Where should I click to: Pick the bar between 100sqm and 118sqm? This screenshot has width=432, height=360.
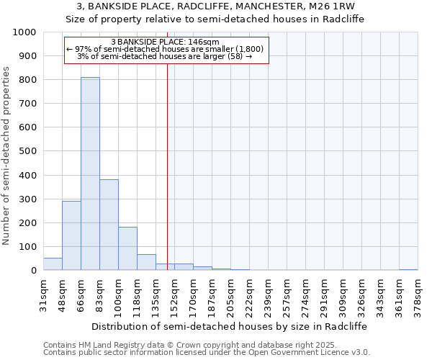point(127,248)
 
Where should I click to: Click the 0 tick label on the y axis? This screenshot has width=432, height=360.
point(33,271)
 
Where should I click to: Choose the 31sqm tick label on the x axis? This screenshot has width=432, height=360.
point(44,294)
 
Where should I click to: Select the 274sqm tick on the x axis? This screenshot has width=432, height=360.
point(305,294)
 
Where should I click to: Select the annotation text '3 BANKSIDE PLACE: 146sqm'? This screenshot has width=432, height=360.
point(165,42)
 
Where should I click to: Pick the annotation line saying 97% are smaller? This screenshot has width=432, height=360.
point(165,50)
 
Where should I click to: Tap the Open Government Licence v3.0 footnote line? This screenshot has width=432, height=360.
point(207,353)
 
